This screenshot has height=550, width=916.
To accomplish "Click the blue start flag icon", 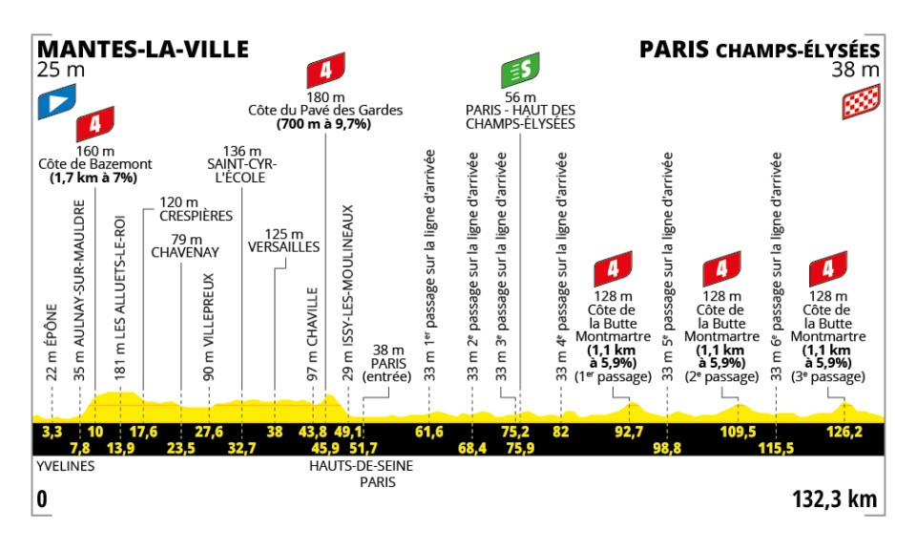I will tap(54, 103).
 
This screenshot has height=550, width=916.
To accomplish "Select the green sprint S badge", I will tap(520, 73).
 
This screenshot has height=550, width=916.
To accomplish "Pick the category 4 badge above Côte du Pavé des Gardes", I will tap(325, 73).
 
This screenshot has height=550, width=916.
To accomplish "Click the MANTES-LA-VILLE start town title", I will tap(141, 49).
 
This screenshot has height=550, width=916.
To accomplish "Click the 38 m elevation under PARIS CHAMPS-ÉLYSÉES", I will tap(858, 69).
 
